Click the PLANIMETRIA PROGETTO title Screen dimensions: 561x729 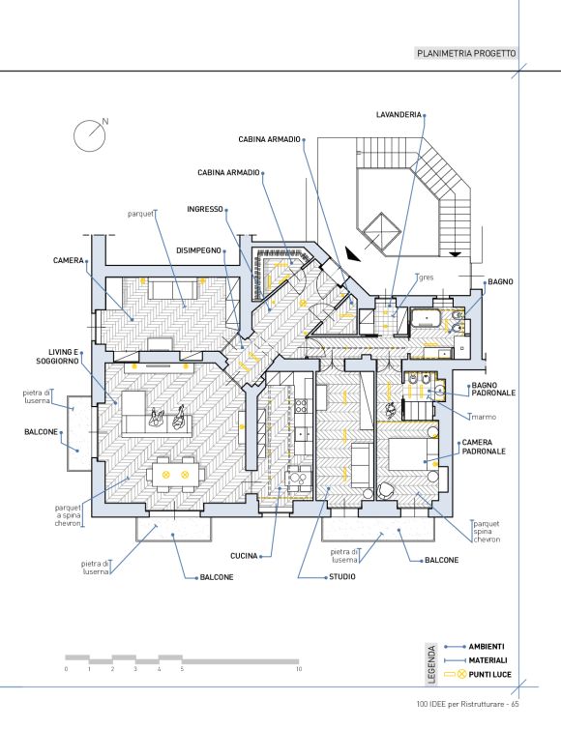466,53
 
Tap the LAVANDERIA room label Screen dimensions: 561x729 399,114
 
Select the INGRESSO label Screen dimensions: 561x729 205,209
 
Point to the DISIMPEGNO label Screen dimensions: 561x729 198,250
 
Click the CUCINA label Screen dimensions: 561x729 244,556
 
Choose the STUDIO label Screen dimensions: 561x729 342,576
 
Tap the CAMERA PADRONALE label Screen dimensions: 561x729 484,447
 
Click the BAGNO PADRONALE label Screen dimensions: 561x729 493,389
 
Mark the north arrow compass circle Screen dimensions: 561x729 90,135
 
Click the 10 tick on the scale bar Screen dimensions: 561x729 299,668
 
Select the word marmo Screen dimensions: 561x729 484,417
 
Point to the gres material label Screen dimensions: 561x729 427,277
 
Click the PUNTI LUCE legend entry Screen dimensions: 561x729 489,674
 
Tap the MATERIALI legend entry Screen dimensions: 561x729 487,660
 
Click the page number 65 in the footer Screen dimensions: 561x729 515,704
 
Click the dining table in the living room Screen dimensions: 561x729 175,475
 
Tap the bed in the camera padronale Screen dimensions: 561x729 408,454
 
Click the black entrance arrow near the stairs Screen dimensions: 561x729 352,254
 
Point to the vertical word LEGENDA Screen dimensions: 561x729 432,664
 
